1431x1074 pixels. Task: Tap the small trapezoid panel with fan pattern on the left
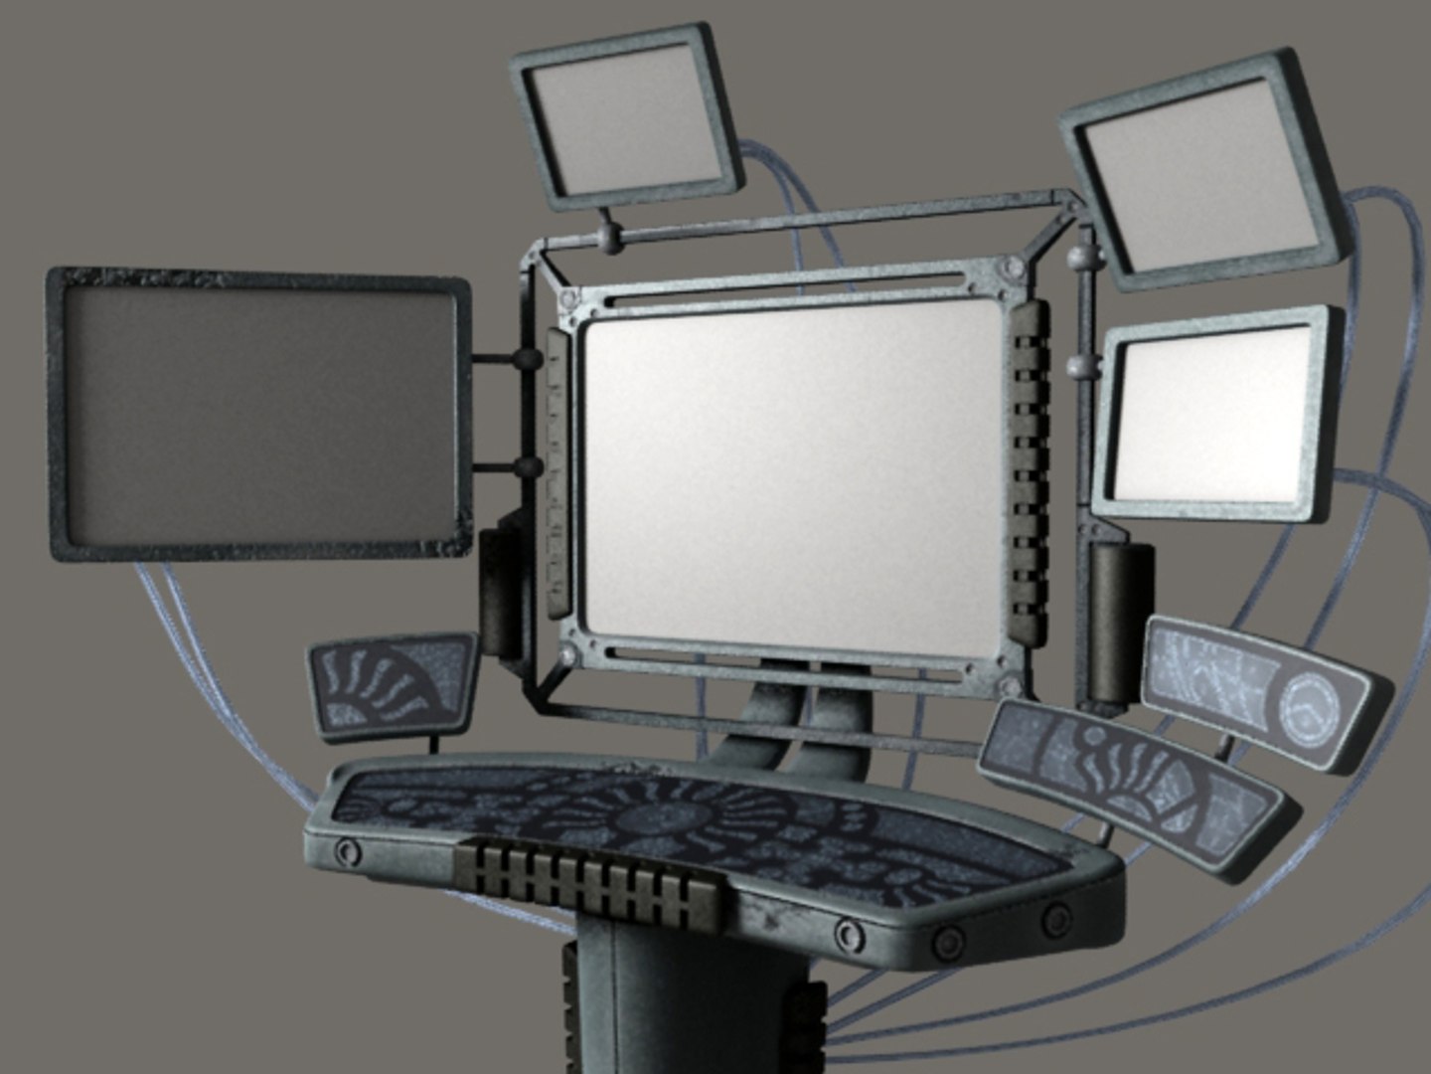(393, 685)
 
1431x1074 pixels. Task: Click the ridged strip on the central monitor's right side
(1030, 467)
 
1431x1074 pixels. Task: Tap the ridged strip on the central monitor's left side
(557, 472)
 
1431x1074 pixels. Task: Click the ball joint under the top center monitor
(608, 239)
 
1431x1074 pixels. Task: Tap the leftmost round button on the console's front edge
(348, 851)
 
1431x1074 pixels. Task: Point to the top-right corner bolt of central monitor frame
(1013, 268)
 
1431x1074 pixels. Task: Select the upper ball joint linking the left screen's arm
(528, 360)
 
